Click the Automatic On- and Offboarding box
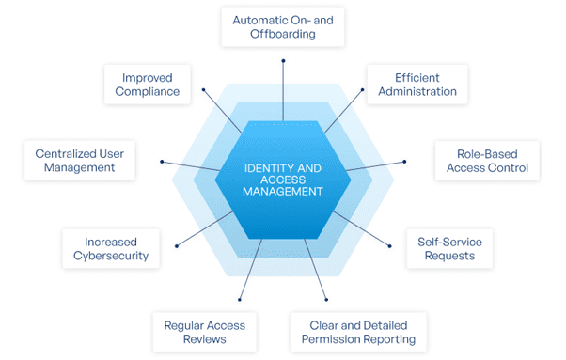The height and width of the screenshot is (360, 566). pyautogui.click(x=283, y=25)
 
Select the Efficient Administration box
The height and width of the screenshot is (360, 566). pyautogui.click(x=412, y=83)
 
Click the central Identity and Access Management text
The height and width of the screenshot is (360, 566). pyautogui.click(x=283, y=179)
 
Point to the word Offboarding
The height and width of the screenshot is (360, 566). pyautogui.click(x=283, y=34)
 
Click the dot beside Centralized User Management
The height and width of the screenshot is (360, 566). pyautogui.click(x=163, y=161)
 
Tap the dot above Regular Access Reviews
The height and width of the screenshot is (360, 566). pyautogui.click(x=240, y=300)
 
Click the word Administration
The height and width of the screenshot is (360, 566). pyautogui.click(x=412, y=91)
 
